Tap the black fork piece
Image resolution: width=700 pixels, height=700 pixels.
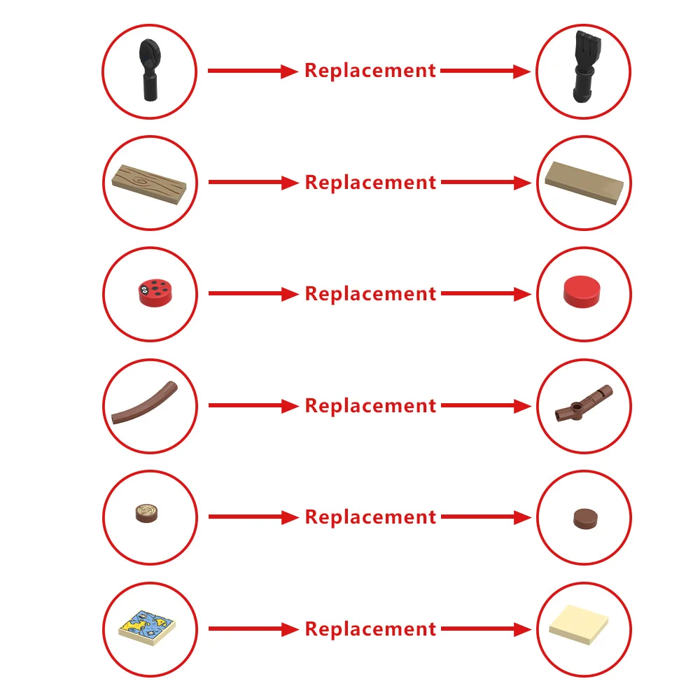pos(585,67)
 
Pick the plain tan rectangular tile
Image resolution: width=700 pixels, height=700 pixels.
pos(584,183)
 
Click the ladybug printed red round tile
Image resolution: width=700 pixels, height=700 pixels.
pos(155,293)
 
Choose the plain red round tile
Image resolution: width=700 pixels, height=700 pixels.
pos(582,291)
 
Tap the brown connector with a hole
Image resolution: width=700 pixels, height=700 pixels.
pos(583,403)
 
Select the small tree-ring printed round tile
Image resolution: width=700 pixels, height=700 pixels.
pos(147,513)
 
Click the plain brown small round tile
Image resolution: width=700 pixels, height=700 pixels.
pos(585,519)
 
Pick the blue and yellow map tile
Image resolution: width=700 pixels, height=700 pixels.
pos(147,628)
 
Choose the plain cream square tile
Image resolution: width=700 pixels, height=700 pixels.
pos(579,624)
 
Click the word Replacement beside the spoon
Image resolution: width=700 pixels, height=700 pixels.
pos(370,71)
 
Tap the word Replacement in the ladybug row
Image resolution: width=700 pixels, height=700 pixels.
pos(370,294)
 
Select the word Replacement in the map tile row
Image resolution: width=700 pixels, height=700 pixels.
pos(370,629)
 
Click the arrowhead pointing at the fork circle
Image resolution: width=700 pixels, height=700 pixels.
pos(521,71)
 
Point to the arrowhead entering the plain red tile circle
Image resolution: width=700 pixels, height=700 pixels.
pos(522,294)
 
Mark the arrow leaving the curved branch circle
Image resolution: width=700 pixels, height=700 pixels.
pos(253,405)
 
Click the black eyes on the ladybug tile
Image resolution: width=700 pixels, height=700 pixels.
pos(143,289)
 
